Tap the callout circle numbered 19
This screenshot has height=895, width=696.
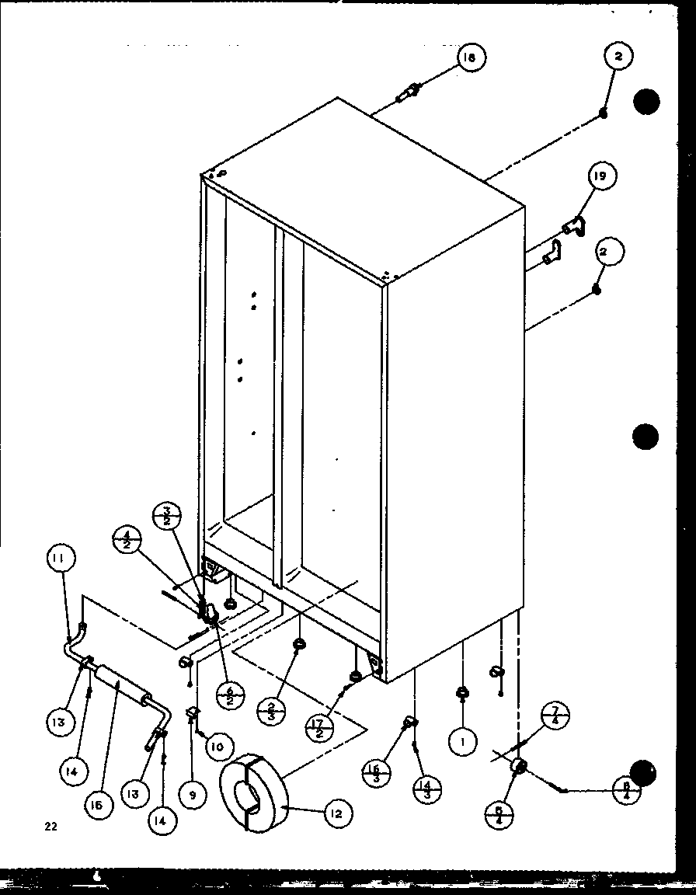[601, 177]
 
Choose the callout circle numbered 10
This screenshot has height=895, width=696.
[217, 747]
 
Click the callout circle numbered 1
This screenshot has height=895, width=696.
[462, 741]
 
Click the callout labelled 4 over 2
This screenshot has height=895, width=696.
[126, 539]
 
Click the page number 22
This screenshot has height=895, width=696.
[50, 827]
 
